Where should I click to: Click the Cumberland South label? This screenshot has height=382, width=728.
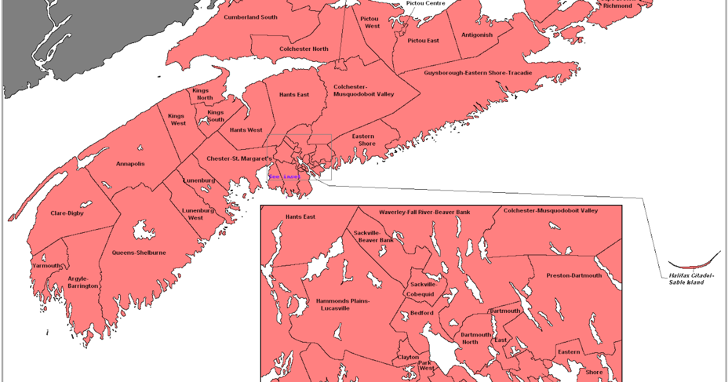point(251,17)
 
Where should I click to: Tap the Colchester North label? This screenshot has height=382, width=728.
point(303,49)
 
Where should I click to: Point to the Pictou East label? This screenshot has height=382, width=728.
point(423,41)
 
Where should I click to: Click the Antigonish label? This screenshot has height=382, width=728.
point(476,35)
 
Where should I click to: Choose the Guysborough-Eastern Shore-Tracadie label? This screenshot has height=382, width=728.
point(477,73)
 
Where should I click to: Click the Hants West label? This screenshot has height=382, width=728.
point(246,130)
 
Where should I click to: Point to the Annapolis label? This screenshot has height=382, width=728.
point(130,164)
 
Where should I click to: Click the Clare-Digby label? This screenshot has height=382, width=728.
point(67,213)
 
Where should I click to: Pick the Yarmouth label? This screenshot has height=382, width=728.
point(47,266)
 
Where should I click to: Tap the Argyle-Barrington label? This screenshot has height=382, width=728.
point(83,282)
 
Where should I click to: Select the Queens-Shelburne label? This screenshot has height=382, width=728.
point(139,253)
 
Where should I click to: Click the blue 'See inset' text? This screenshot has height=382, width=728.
point(284,176)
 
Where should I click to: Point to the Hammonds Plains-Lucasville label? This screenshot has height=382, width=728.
point(343,304)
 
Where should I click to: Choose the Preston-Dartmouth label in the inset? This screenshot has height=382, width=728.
point(574,275)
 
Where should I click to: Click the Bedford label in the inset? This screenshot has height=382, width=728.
point(422,313)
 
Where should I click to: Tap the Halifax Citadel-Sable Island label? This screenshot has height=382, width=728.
point(690,279)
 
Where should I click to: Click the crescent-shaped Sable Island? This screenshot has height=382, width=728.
point(690,266)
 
